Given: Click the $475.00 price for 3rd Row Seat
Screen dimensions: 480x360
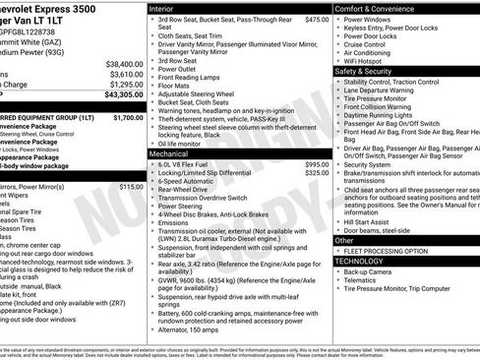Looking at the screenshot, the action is [x=317, y=19].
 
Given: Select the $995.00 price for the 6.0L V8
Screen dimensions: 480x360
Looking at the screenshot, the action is [x=317, y=163].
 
